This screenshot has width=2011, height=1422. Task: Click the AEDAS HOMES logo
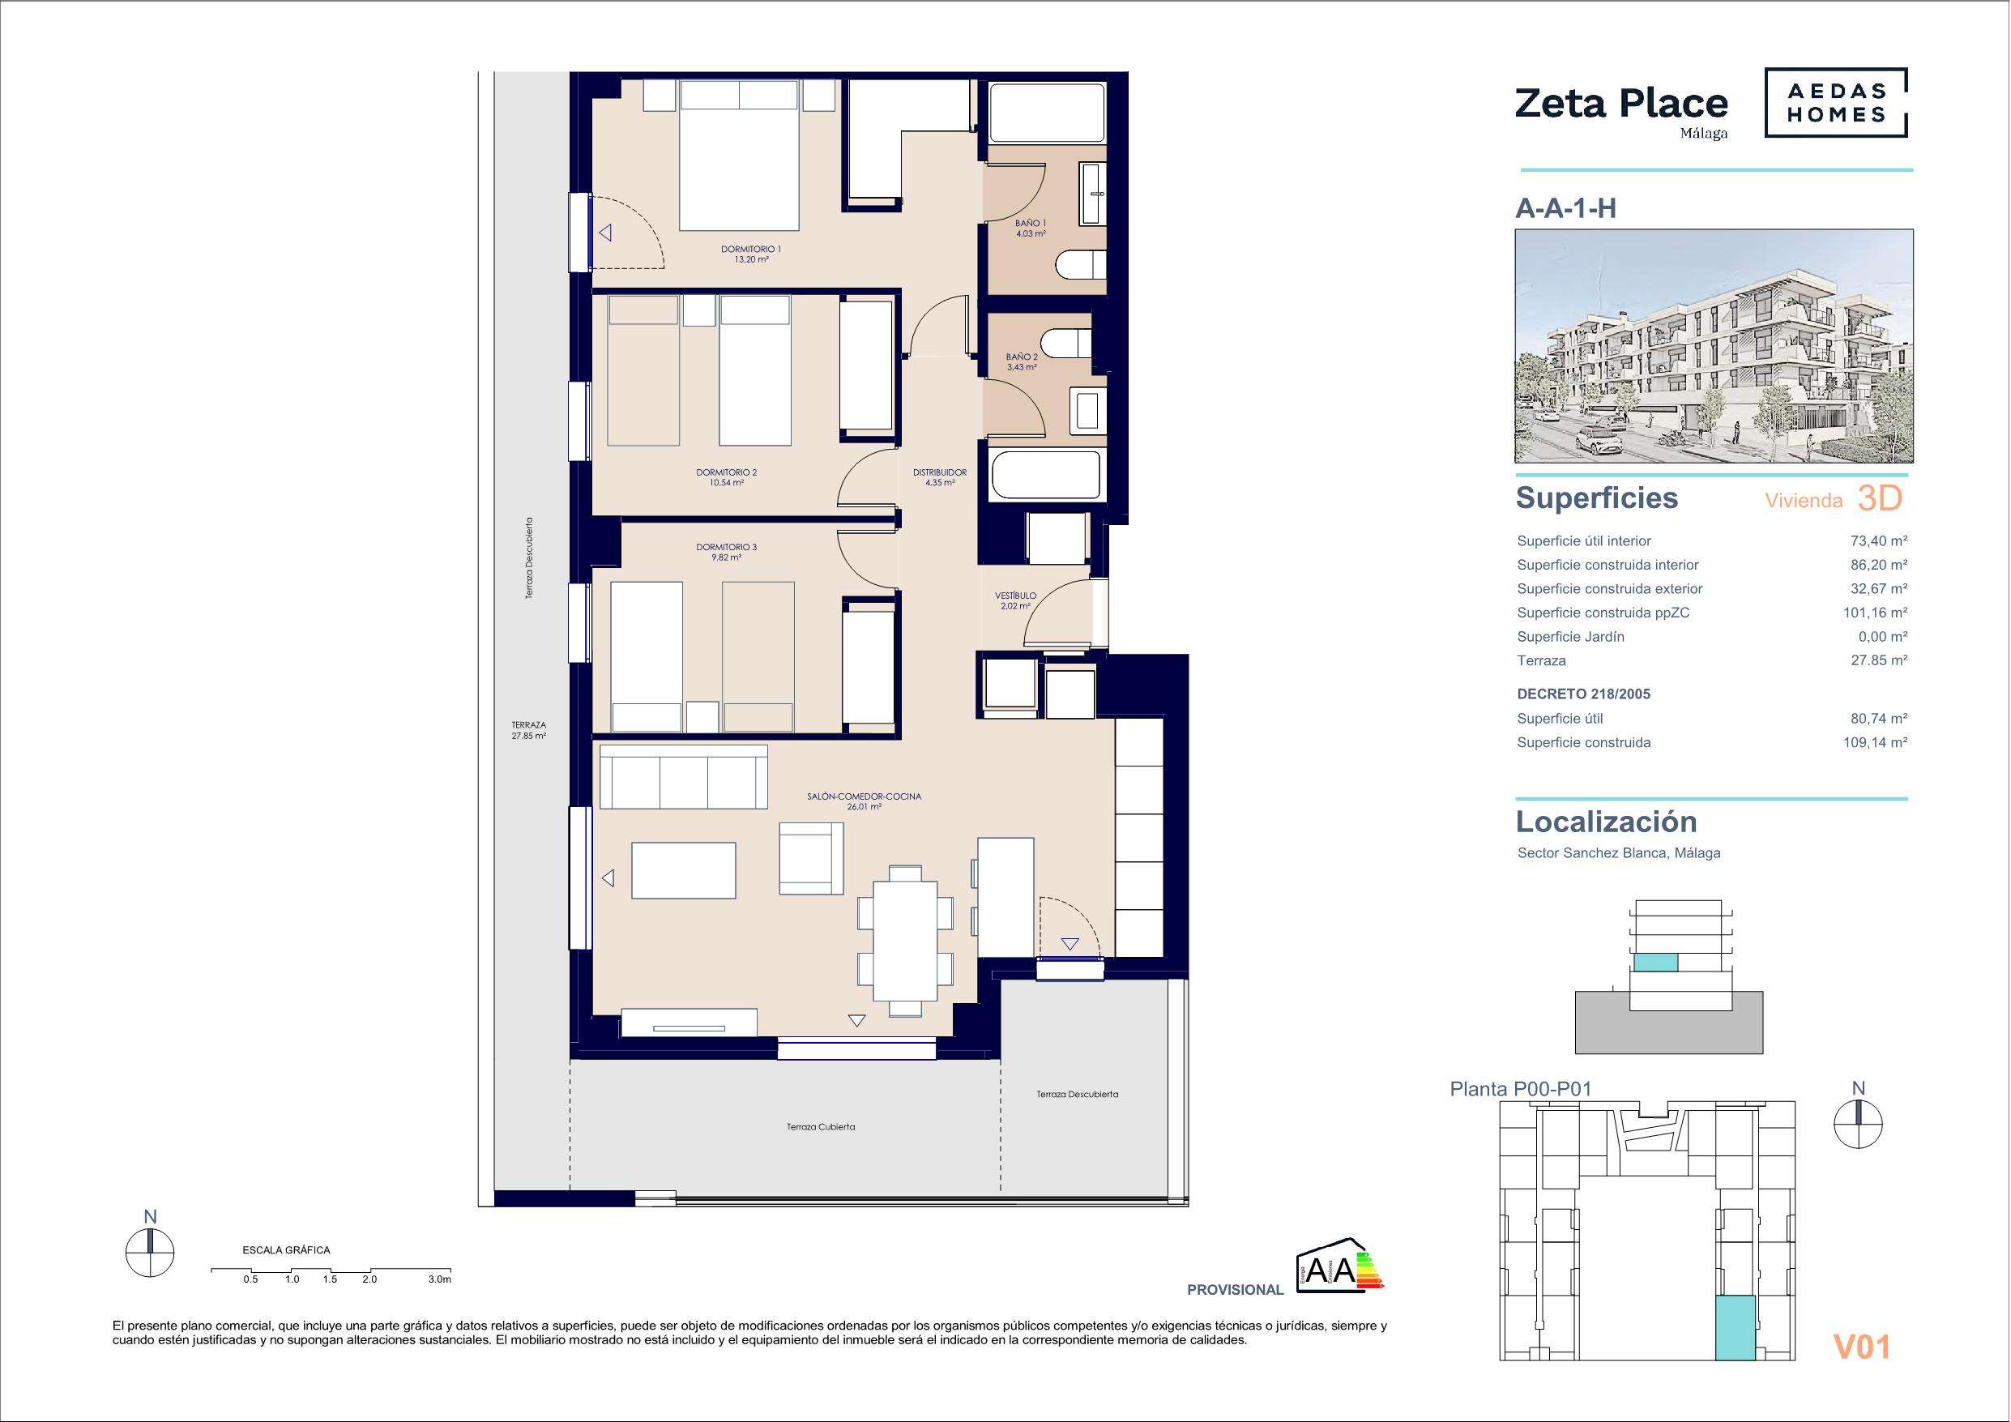click(1836, 103)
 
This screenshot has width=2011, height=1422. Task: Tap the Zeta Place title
click(1621, 104)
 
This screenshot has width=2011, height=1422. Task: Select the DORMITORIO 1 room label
click(750, 249)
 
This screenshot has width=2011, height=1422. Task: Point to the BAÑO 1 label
click(1031, 223)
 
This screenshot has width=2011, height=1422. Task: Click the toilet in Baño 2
click(1068, 344)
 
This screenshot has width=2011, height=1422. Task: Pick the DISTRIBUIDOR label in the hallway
click(940, 472)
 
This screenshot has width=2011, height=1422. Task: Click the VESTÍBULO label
click(1015, 596)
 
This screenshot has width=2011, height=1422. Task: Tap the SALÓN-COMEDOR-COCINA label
click(864, 796)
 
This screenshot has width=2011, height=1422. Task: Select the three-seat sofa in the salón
click(683, 776)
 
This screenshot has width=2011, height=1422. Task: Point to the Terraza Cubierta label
click(821, 1127)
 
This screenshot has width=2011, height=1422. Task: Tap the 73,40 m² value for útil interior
click(1879, 541)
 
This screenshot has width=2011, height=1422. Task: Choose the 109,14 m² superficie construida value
click(1875, 742)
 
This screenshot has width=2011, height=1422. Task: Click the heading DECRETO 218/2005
click(1583, 694)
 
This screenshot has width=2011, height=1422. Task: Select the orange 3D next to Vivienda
click(1880, 498)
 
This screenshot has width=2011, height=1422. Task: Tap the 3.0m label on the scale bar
click(440, 1279)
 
